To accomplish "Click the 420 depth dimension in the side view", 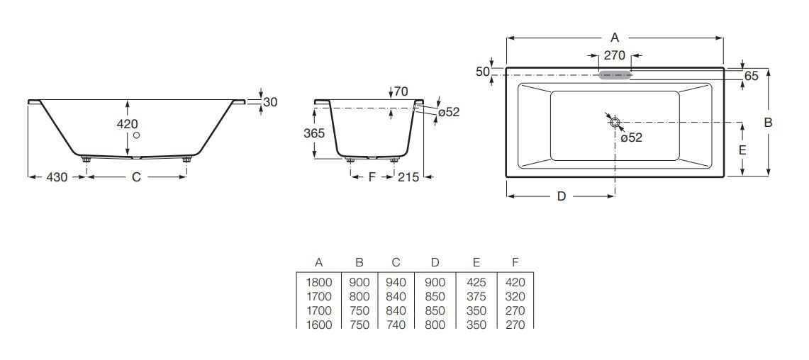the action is pos(128,124).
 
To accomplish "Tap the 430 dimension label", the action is pos(57,177).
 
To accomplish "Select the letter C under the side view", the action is pos(136,177).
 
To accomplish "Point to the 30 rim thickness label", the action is pos(270,102).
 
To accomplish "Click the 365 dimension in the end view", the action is pos(314,133).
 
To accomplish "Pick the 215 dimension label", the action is pos(408,177).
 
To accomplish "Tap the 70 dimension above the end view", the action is pos(401,92).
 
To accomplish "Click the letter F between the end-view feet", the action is pos(372,177).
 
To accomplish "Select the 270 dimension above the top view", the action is pos(615,55).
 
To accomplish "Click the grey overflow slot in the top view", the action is pos(615,75).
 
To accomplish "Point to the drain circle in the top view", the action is pos(615,122).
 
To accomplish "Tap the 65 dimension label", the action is pos(752,77).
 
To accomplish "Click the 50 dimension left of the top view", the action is pos(482,72).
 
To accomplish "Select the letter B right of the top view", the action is pos(769,123).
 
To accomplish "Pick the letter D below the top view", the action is pos(562,196).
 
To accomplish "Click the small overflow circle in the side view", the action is pos(136,135).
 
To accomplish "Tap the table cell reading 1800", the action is pos(319,282).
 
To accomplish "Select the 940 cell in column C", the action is pos(396,282).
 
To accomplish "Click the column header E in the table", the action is pos(476,262).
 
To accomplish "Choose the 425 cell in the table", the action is pos(476,282).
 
